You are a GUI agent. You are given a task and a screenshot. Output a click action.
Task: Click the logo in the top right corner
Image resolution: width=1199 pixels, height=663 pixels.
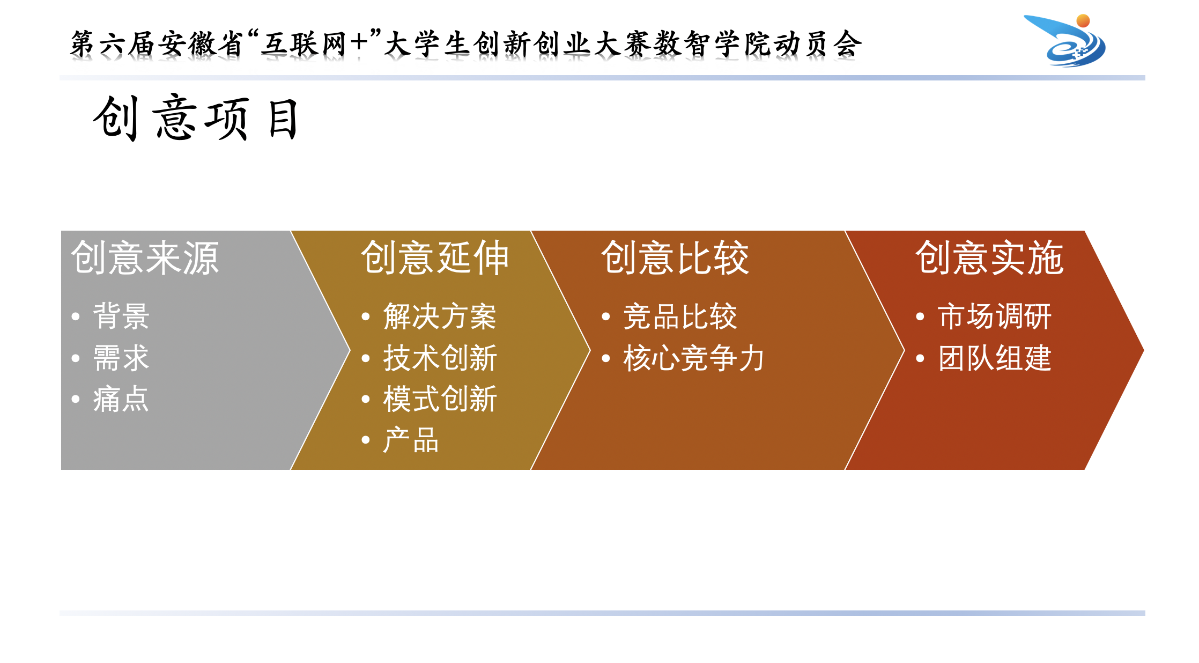click(x=1065, y=40)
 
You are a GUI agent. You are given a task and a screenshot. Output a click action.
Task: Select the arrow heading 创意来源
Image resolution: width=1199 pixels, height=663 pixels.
click(x=145, y=258)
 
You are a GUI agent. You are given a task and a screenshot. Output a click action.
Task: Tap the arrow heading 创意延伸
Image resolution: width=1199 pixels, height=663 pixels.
click(x=435, y=258)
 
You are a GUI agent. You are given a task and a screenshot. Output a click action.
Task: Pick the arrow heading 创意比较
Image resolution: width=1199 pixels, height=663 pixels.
click(x=675, y=258)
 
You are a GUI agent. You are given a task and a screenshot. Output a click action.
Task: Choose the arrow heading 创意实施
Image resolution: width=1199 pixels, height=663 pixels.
click(x=989, y=258)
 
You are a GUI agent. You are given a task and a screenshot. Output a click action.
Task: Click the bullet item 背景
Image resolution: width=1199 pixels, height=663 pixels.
click(x=121, y=316)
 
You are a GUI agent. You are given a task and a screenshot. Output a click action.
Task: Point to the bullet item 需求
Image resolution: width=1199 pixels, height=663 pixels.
click(x=121, y=358)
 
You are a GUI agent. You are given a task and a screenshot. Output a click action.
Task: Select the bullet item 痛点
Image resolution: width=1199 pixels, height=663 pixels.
click(x=121, y=399)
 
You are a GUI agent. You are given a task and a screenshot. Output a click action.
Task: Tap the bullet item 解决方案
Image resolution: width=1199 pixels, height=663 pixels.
click(x=440, y=316)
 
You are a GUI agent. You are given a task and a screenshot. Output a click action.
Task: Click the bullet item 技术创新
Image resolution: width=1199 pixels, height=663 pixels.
click(x=440, y=358)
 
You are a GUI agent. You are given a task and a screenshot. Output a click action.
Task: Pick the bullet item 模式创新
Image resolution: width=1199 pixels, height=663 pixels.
click(x=440, y=399)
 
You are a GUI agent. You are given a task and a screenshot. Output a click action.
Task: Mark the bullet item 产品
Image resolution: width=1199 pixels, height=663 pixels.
click(x=411, y=440)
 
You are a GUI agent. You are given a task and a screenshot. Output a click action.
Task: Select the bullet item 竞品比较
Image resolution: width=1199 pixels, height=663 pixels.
click(x=680, y=316)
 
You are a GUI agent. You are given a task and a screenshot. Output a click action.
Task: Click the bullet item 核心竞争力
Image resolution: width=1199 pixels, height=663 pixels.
click(x=694, y=358)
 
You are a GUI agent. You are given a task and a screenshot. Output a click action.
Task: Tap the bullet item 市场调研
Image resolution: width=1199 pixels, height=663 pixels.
click(x=995, y=316)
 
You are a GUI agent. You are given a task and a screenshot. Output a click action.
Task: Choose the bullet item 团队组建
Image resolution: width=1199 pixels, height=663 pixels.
click(x=995, y=358)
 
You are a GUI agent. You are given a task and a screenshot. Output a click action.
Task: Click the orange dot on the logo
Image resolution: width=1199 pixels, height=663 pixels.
click(x=1083, y=20)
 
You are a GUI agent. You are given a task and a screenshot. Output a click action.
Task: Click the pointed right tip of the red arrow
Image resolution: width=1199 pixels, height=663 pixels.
click(x=1143, y=350)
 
